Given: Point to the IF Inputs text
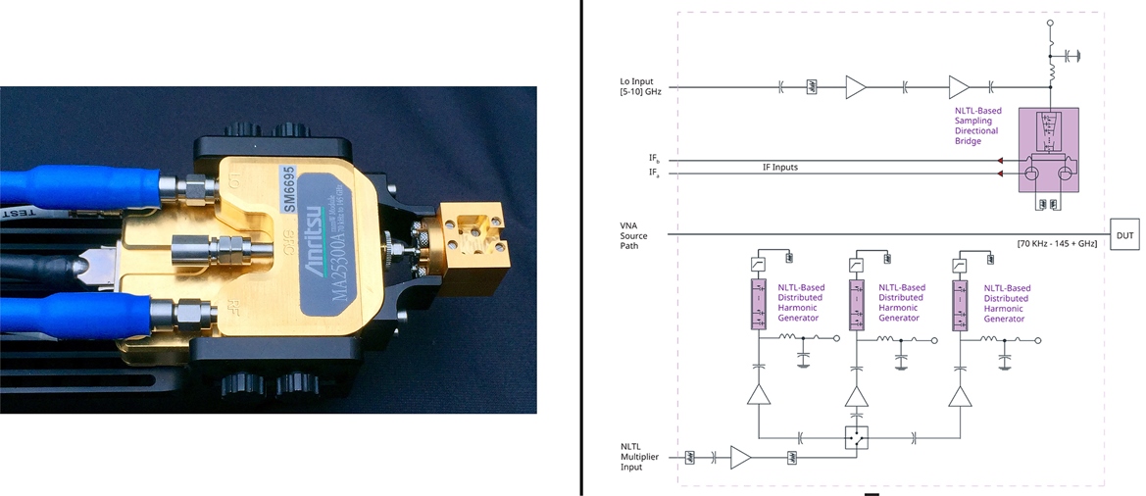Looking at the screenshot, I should point(779,168).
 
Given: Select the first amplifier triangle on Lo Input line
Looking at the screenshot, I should point(855,88).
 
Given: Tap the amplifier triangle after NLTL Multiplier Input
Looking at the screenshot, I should point(741,458).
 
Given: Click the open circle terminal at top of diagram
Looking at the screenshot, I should point(1051,22).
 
